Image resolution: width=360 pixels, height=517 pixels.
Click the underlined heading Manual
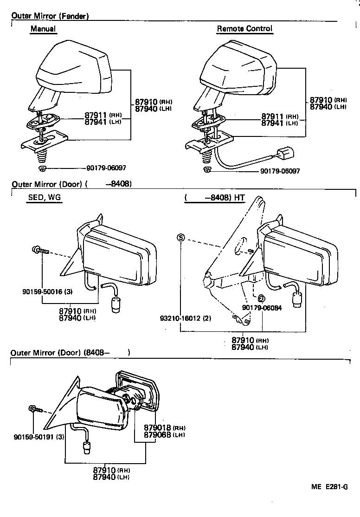point(43,29)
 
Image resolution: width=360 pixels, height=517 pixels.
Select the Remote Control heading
point(244,29)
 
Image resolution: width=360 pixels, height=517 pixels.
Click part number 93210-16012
point(181,318)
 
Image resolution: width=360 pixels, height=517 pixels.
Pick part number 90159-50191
point(32,437)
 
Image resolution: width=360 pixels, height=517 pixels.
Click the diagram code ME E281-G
point(329,487)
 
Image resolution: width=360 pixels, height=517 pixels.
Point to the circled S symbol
point(181,238)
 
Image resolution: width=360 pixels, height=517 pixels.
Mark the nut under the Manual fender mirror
point(41,168)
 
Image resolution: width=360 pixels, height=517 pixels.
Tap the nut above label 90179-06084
point(261,297)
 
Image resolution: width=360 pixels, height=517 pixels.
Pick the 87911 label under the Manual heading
point(96,115)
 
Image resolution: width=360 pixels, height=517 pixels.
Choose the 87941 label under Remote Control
point(273,123)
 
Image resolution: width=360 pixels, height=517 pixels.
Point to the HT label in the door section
point(239,198)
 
